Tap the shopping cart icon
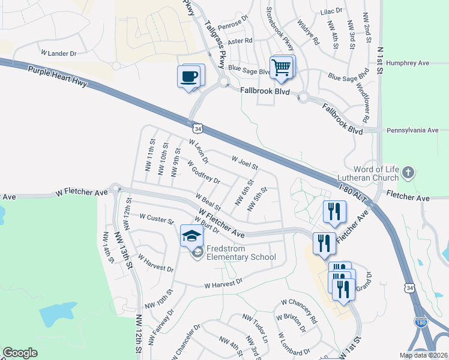[281, 68]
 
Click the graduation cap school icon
[191, 236]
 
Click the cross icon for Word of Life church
[408, 173]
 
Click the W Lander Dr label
[58, 53]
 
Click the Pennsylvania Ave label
[413, 130]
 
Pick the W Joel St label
[244, 161]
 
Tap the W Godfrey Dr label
[203, 172]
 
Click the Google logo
[20, 353]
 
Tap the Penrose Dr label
[234, 26]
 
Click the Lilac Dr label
[331, 11]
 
